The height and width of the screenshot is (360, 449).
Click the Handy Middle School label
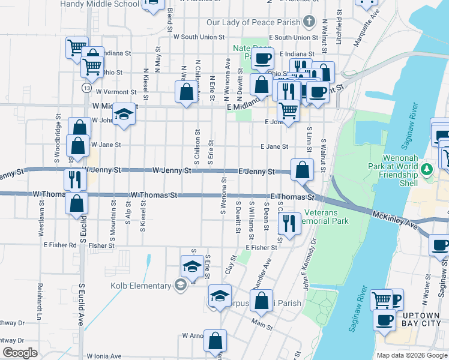tap(107, 3)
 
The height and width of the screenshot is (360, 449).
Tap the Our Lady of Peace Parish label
tap(253, 22)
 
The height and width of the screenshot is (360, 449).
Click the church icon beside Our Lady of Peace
tap(309, 22)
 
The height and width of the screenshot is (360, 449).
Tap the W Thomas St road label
tap(154, 195)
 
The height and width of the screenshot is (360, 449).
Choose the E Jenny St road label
tap(257, 171)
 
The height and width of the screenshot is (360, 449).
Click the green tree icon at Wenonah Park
tap(427, 169)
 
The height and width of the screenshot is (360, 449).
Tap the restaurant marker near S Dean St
tap(289, 224)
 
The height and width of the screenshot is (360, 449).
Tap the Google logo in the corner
tap(20, 353)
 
